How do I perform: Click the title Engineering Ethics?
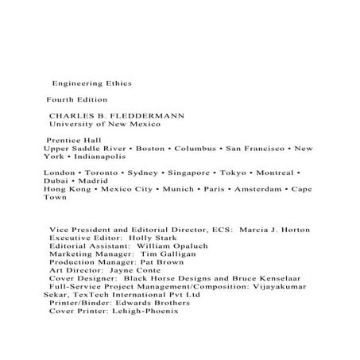pos(91,82)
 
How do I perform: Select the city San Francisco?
pos(257,148)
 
